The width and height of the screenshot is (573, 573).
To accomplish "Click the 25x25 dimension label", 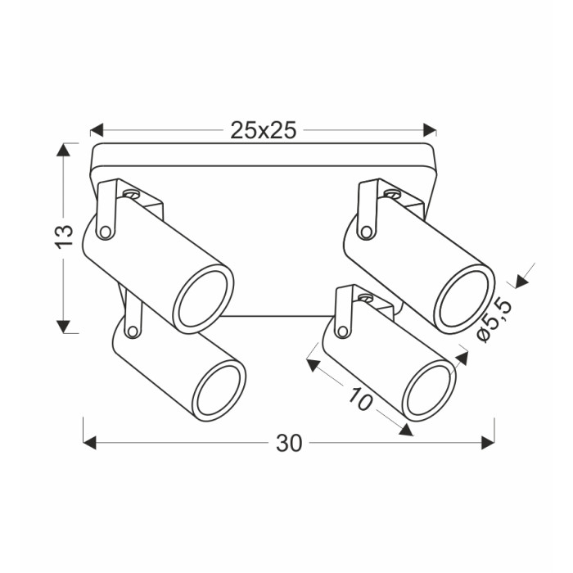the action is coord(263,130).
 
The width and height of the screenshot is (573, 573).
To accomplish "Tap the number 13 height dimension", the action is coord(65,237).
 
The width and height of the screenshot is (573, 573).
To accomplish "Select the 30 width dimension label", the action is coord(289,444).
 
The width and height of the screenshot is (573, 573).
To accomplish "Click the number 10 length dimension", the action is coord(361,399).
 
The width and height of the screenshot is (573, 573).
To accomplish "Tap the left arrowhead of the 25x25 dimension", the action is coord(97,129).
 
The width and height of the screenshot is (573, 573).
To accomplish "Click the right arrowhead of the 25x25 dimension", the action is coord(430,129).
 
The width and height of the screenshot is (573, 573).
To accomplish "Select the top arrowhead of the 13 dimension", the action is coord(63,150).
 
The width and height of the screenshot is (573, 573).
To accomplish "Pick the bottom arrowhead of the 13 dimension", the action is coord(63,327).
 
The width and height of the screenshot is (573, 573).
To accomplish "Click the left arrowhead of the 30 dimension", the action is coord(90,443).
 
